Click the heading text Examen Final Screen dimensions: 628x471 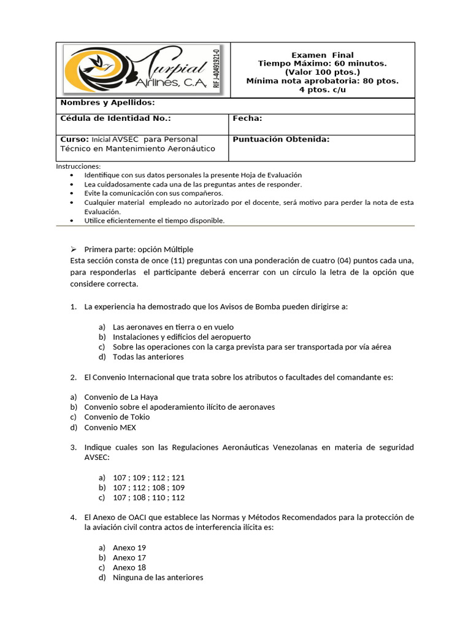pos(322,55)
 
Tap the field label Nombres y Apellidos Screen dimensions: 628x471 pos(107,103)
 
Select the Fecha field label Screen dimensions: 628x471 pos(248,118)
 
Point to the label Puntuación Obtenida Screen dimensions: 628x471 pos(281,139)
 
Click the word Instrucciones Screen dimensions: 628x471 pos(78,166)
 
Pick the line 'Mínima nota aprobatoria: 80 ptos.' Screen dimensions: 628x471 pos(322,81)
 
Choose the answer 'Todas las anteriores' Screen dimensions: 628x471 pos(148,356)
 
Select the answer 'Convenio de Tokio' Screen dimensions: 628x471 pos(117,417)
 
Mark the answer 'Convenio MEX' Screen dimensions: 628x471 pos(110,427)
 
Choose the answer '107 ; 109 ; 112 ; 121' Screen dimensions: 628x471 pos(148,477)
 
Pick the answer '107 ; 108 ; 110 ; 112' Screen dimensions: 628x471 pos(148,497)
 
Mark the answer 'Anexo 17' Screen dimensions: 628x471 pos(129,557)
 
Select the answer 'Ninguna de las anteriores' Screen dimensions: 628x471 pos(158,577)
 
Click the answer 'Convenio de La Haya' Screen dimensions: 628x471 pos(121,397)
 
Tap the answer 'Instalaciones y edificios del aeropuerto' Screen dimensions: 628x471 pos(182,337)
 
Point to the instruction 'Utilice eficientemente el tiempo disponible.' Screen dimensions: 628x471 pos(155,220)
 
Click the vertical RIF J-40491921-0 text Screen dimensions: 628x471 pos(215,69)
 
